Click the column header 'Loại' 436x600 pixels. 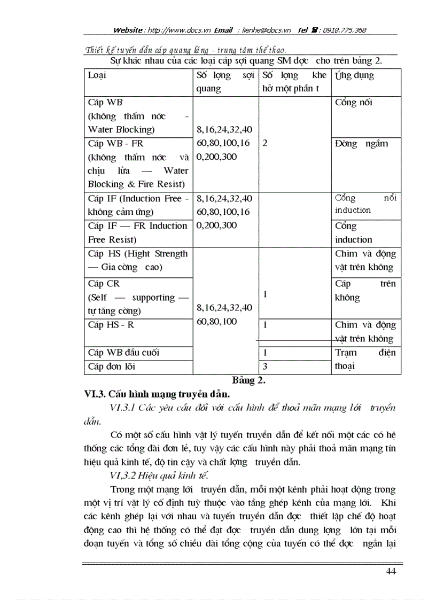(x=97, y=75)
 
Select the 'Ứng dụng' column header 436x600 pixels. (x=354, y=75)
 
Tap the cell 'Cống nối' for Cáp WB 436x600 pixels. (x=353, y=103)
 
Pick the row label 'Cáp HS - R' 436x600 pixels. (x=111, y=325)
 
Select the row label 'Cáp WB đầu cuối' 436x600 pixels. (x=123, y=353)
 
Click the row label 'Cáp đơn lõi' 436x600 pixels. (x=112, y=367)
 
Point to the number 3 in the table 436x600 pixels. (x=265, y=367)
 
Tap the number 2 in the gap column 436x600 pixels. (x=265, y=144)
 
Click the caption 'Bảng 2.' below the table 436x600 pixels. (x=249, y=380)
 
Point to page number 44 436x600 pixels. (x=391, y=572)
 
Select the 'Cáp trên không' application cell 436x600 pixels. (x=365, y=291)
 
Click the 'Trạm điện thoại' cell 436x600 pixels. (x=365, y=360)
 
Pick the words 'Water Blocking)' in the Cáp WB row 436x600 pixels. (x=121, y=130)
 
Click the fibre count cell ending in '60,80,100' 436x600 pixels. (x=224, y=315)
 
